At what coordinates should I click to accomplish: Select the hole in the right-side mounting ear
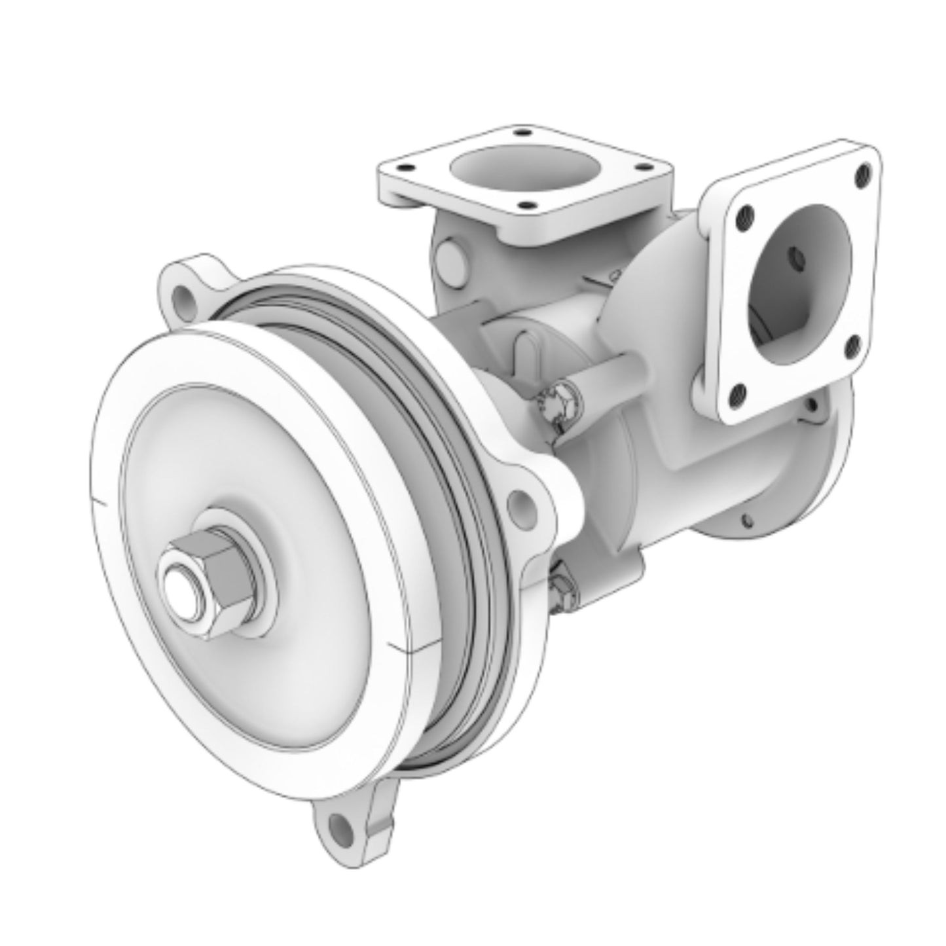(x=522, y=502)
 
